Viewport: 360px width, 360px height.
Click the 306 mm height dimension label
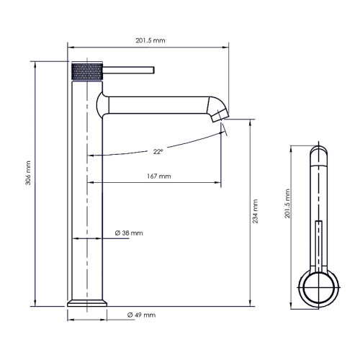(28, 173)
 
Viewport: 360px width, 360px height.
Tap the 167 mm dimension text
(159, 176)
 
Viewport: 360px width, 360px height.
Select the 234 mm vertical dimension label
(255, 211)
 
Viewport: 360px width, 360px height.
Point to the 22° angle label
(158, 152)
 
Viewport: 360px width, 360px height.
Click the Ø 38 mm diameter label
(129, 233)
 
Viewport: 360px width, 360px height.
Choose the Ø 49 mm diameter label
(141, 315)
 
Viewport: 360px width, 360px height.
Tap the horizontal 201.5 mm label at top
(150, 40)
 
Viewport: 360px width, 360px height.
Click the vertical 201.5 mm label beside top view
(287, 204)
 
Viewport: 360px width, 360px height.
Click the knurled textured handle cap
(87, 71)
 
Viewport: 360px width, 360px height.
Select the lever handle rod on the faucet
(128, 70)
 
